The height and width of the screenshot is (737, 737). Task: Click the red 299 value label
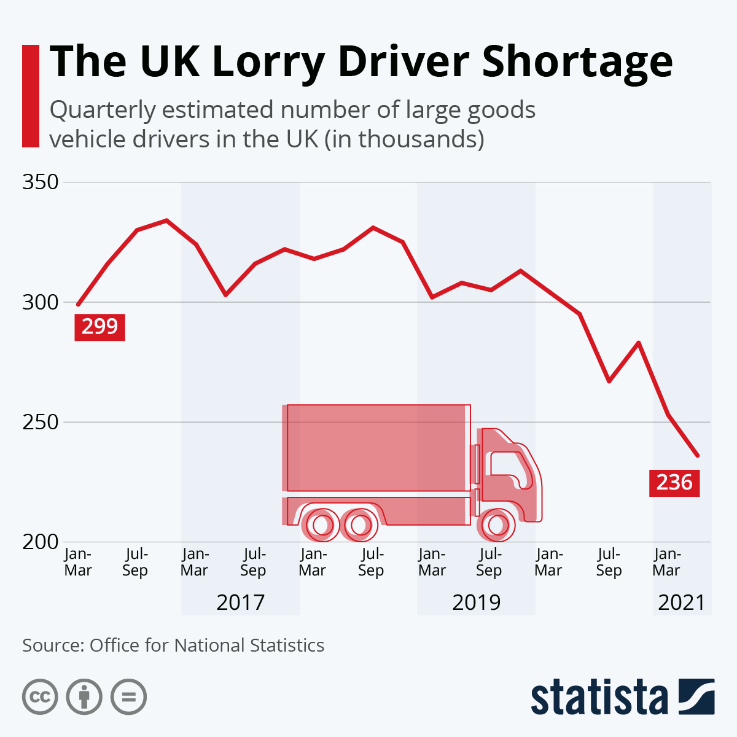pos(99,327)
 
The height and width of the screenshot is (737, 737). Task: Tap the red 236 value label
pos(674,483)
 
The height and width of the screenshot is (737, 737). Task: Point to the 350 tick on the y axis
pos(41,182)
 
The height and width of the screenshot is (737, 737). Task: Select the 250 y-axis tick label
pos(41,423)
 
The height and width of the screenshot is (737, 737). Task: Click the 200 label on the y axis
pos(41,542)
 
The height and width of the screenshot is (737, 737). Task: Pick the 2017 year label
pos(240,602)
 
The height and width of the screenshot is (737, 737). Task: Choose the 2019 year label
pos(476,602)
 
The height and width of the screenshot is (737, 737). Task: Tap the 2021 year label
pos(682,602)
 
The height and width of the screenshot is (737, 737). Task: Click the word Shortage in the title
pos(577,62)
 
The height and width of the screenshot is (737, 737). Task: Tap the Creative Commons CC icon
pos(40,697)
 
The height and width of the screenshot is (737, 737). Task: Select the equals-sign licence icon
pos(129,697)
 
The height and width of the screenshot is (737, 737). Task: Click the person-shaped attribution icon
pos(84,697)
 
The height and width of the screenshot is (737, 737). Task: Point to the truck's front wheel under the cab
pos(495,525)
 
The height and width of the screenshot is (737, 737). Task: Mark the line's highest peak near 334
pos(166,220)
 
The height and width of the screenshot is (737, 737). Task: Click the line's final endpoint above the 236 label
pos(697,455)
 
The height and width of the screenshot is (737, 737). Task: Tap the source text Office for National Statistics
pos(206,645)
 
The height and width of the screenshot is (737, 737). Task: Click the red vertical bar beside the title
pos(30,96)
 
